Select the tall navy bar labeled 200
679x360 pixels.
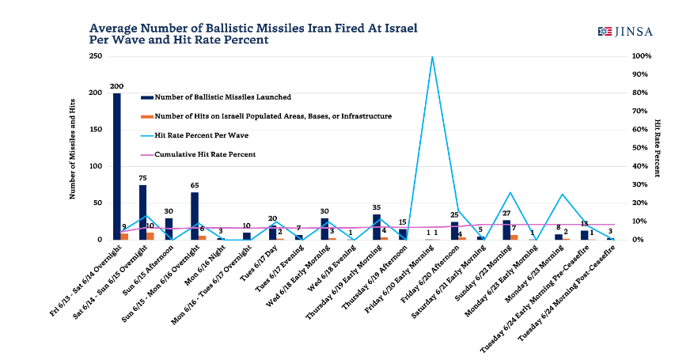point(117,166)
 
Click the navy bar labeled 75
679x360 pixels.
point(143,212)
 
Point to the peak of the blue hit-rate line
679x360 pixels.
point(432,57)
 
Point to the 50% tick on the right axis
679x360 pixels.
point(640,148)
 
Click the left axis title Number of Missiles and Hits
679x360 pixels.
point(73,148)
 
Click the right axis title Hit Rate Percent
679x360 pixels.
point(658,148)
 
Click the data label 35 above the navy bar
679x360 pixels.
point(377,207)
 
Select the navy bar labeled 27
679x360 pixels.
point(506,229)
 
